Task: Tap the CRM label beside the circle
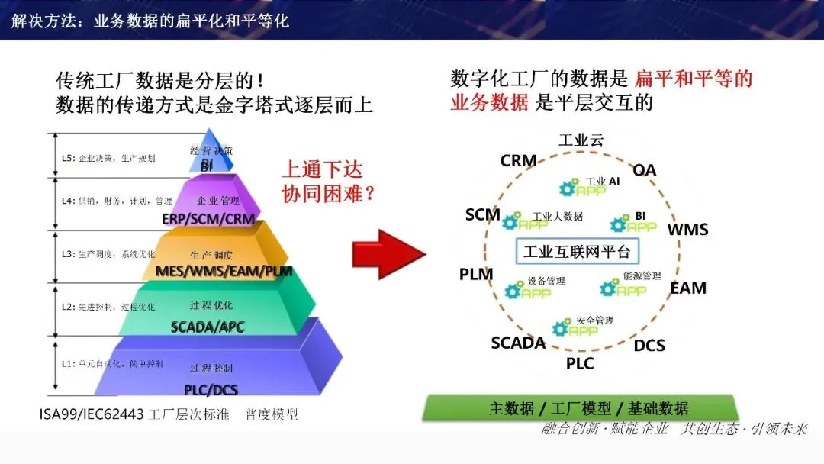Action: tap(519, 161)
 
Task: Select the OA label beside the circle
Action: tap(645, 170)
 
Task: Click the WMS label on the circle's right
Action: tap(687, 230)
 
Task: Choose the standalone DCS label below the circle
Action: tap(649, 346)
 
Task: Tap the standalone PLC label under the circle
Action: tap(580, 364)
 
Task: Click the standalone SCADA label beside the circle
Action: tap(518, 343)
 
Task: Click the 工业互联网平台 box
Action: tap(577, 252)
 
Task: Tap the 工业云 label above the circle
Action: tap(581, 140)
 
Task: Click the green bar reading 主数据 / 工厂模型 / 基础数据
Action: tap(580, 408)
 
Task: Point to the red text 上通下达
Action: tap(323, 169)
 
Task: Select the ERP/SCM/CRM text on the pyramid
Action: tap(208, 219)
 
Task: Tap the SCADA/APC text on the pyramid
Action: tap(208, 327)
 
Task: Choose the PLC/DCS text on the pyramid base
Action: tap(211, 390)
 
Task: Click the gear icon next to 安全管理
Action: tap(561, 328)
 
